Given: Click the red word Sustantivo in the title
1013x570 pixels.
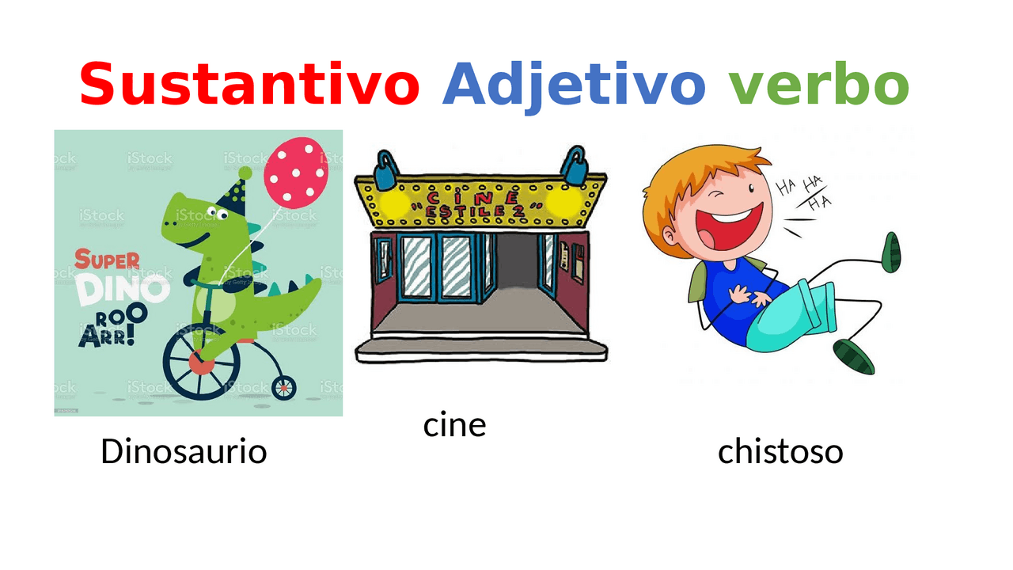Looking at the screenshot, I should coord(249,84).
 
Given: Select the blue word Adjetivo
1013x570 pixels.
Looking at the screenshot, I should coord(574,84).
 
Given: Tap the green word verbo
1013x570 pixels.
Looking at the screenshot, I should coord(818,84).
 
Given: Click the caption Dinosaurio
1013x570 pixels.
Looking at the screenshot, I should coord(184,452).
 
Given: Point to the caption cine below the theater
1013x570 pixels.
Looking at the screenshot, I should coord(454,425).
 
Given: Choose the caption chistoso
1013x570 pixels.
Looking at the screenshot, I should coord(780,452).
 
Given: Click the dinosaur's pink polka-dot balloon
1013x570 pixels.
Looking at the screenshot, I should coord(296,173).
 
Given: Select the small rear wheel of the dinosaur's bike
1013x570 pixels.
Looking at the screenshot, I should coord(283,387).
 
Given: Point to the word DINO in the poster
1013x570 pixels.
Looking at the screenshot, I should coord(123,289).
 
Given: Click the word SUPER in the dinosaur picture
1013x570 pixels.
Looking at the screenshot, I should coord(108,260).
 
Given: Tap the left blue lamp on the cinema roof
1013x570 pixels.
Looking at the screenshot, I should coord(385,171).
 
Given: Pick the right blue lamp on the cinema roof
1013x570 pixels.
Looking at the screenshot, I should coord(574,167).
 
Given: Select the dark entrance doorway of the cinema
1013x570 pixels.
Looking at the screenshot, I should coord(515,269).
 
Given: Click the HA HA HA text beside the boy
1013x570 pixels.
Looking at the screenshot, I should coord(805,192).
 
